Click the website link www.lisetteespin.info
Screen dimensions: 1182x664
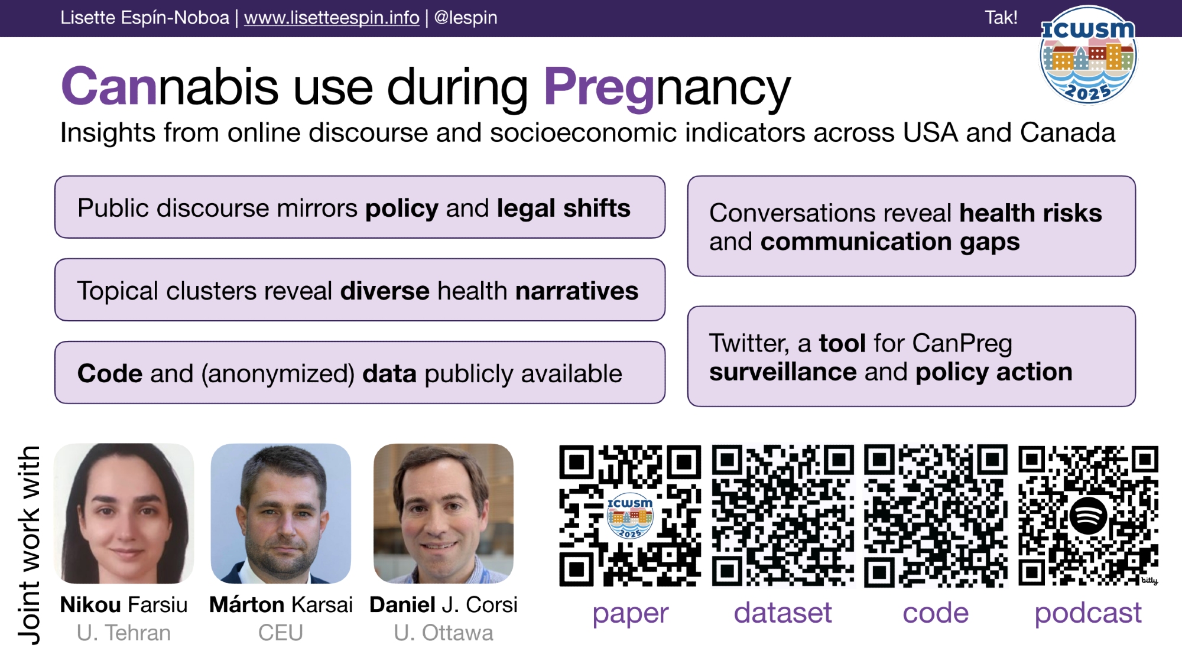332,18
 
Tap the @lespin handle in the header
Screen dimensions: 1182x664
466,18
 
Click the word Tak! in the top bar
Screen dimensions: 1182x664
1001,17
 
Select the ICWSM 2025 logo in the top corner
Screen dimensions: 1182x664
1088,55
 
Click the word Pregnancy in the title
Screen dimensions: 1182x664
667,87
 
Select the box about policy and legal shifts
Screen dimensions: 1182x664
360,207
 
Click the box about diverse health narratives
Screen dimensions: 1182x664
360,290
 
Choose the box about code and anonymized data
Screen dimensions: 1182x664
360,373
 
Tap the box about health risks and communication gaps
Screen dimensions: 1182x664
911,226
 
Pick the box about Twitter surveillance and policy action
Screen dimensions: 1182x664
911,356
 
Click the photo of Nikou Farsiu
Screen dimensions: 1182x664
124,513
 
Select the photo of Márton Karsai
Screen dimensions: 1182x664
281,513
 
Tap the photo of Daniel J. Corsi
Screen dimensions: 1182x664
443,513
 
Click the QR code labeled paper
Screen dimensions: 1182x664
630,516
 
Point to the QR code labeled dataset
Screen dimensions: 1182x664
782,516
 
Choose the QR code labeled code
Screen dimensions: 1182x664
936,516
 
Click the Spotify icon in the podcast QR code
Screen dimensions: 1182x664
1088,516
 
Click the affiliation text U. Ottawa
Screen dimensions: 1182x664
443,633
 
